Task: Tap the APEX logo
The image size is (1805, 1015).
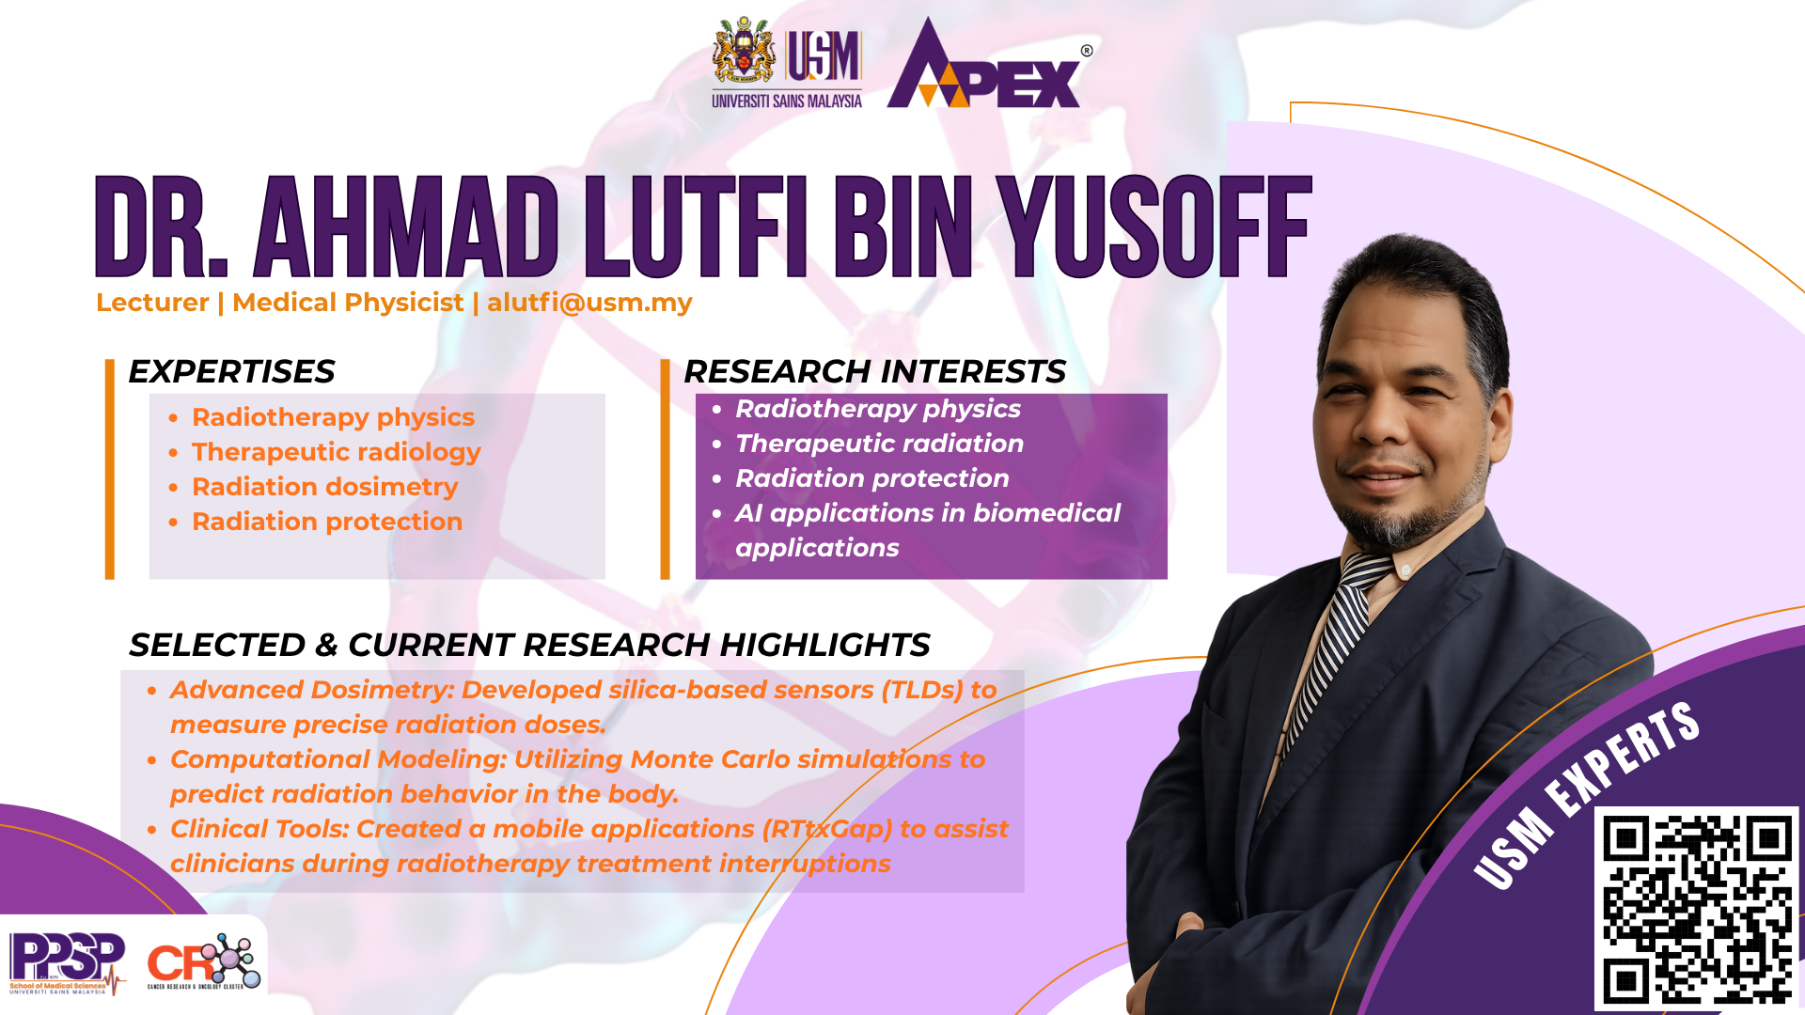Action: (x=983, y=63)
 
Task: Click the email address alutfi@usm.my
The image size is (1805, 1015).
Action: (x=589, y=303)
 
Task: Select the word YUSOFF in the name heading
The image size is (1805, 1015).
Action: (x=1154, y=227)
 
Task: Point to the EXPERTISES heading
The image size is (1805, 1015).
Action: (x=231, y=371)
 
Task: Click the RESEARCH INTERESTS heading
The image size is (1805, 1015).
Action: (x=874, y=371)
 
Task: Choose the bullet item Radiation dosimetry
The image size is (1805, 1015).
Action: (x=324, y=487)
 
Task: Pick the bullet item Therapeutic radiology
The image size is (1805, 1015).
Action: (x=336, y=452)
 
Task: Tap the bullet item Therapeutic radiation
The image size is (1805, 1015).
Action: (x=879, y=444)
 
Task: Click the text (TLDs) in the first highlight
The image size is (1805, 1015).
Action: (x=921, y=690)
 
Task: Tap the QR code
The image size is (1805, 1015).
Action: (x=1697, y=908)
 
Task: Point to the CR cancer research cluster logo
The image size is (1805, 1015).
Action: (x=203, y=961)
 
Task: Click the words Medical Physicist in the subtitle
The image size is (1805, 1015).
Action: (x=348, y=303)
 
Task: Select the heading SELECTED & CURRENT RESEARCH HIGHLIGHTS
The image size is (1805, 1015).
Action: (x=529, y=645)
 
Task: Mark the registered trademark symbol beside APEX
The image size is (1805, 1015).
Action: (x=1087, y=51)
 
